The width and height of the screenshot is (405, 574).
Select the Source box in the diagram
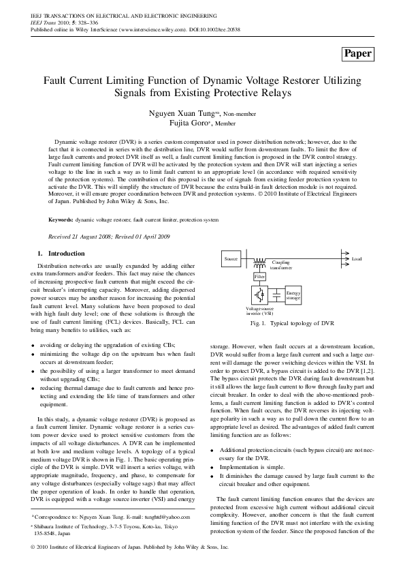point(231,260)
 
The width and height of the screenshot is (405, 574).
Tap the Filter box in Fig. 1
point(259,277)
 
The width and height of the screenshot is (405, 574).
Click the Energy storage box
point(293,295)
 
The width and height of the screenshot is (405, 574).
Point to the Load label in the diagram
point(357,259)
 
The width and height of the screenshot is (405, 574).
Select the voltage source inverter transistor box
point(259,295)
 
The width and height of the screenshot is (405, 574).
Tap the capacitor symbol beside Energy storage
point(277,295)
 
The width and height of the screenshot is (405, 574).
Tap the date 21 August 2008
point(92,237)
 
